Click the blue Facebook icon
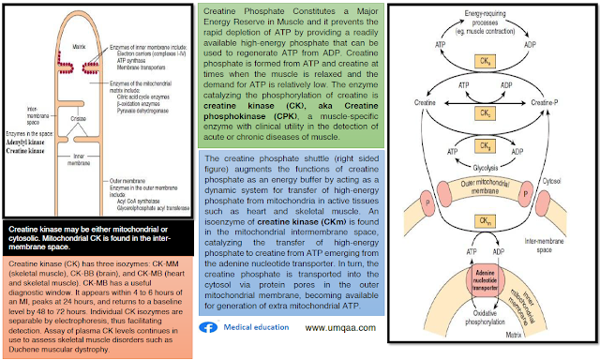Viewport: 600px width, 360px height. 211,329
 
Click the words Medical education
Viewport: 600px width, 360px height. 252,329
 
